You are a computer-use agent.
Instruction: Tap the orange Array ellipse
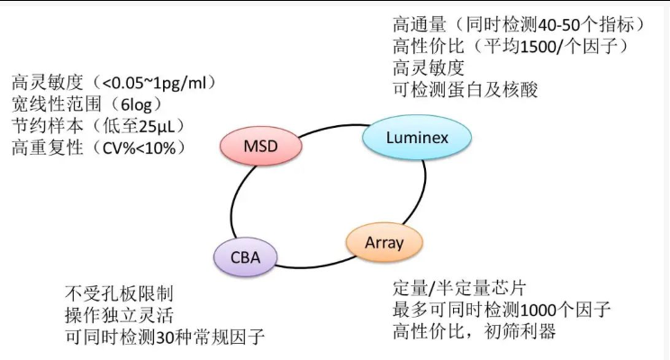tap(384, 243)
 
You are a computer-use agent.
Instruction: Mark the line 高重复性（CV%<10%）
tap(99, 147)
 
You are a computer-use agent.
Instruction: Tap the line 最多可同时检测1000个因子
tap(502, 310)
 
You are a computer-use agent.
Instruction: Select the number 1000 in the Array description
tap(545, 310)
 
